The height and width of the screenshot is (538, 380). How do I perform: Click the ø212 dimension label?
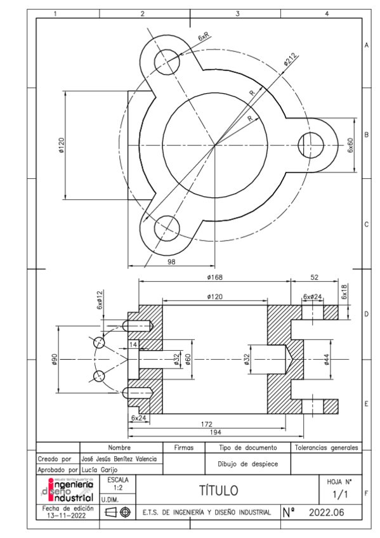pyautogui.click(x=290, y=61)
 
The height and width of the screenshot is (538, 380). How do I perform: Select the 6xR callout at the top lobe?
pyautogui.click(x=205, y=38)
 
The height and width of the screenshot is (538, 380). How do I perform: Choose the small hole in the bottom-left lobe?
pyautogui.click(x=166, y=226)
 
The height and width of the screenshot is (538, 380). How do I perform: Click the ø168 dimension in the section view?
pyautogui.click(x=214, y=277)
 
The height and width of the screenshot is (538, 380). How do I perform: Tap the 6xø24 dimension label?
pyautogui.click(x=313, y=296)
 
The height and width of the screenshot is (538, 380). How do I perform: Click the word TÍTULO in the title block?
pyautogui.click(x=219, y=490)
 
